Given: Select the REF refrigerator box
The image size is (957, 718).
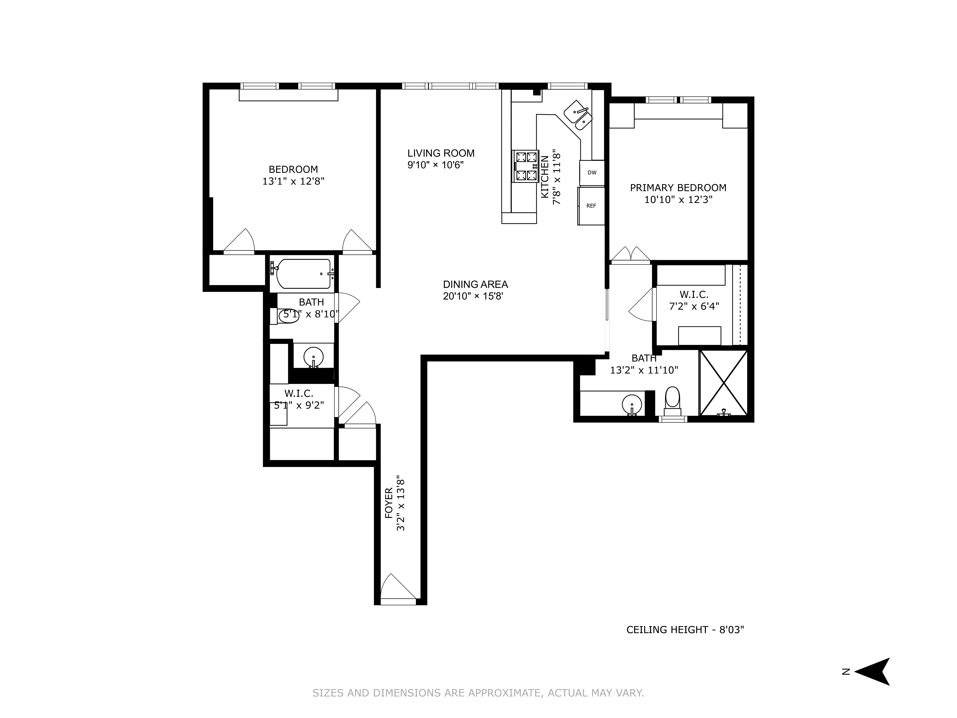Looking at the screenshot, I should pyautogui.click(x=591, y=206).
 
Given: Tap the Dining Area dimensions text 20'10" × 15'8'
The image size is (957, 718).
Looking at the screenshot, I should pyautogui.click(x=473, y=296).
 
